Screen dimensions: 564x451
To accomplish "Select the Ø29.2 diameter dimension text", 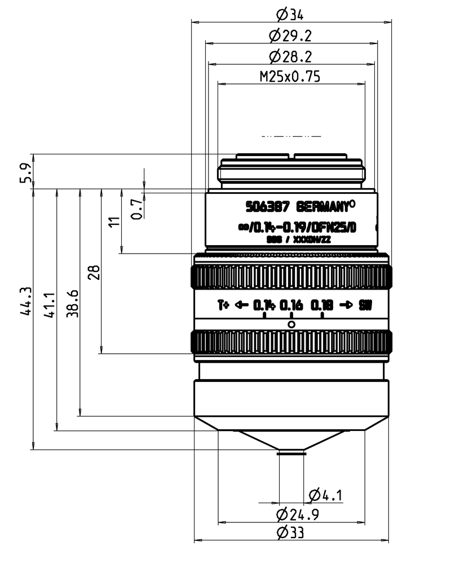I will tap(291, 36).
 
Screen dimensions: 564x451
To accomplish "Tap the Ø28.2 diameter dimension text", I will tap(291, 57).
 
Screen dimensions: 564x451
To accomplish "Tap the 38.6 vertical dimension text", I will tap(72, 304).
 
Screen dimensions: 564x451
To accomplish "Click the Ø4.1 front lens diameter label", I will tap(326, 495).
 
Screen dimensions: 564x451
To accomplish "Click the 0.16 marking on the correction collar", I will tap(291, 306).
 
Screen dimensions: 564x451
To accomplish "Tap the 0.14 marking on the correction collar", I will tap(264, 306).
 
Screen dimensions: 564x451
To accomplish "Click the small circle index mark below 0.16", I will tap(291, 325).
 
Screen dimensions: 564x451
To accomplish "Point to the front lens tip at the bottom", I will tap(291, 451).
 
